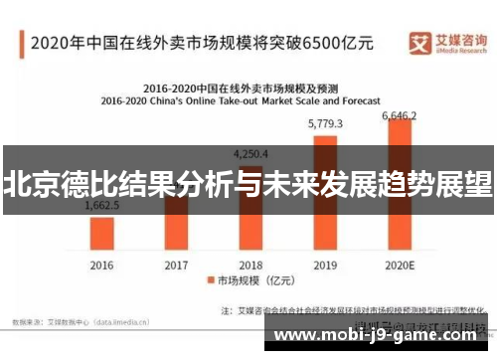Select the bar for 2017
176,224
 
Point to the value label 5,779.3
325,124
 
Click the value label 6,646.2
400,116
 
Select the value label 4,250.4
250,154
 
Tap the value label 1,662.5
101,205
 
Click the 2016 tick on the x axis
101,266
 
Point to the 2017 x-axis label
176,266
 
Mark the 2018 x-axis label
250,266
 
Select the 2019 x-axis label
325,266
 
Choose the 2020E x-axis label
399,266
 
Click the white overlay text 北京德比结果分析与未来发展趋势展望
248,184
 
